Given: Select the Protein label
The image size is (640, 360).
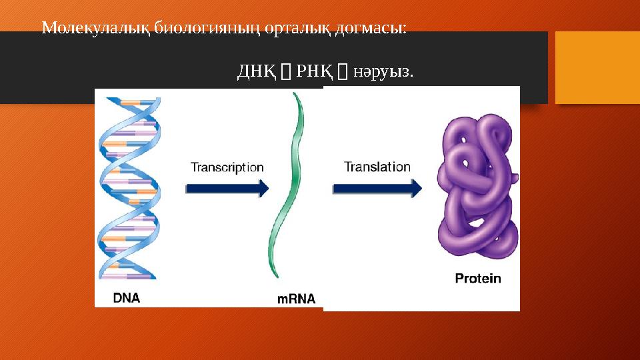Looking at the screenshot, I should (x=477, y=278).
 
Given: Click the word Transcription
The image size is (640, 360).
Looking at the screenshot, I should (x=227, y=167).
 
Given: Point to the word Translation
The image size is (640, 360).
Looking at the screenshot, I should (x=377, y=167).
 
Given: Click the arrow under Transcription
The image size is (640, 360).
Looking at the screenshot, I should (x=227, y=189).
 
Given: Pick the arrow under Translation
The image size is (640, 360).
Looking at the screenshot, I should (x=377, y=189).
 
